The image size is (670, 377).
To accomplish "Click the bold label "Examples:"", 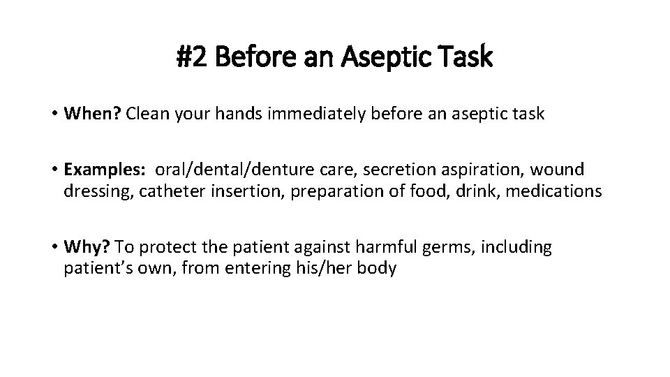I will [x=104, y=170].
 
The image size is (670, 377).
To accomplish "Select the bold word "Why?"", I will [x=87, y=247].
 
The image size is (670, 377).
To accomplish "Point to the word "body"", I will [x=378, y=268].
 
